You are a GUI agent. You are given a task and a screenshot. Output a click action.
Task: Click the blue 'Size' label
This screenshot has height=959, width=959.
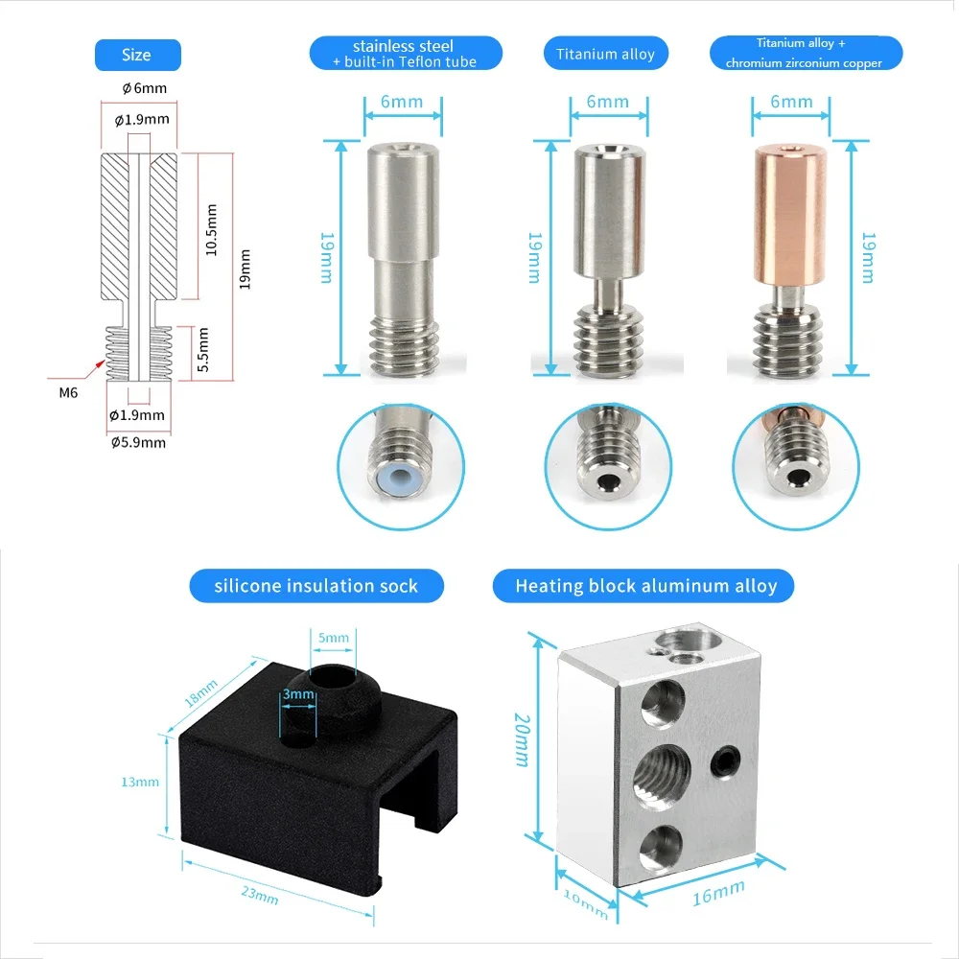click(136, 55)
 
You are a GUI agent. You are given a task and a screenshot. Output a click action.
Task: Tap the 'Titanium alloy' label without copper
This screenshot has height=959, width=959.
click(605, 54)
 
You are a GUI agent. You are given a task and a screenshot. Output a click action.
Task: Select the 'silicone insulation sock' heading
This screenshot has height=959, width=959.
click(316, 586)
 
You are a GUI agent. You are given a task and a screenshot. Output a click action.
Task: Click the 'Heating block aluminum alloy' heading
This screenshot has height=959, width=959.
click(645, 586)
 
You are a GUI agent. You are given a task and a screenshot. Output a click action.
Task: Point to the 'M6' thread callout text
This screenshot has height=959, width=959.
click(70, 390)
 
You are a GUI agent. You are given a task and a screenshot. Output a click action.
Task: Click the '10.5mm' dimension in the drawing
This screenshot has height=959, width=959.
click(212, 229)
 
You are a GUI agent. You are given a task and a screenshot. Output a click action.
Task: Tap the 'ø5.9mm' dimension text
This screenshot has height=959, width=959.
click(138, 442)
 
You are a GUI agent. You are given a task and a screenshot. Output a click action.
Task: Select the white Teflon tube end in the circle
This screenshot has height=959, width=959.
click(400, 480)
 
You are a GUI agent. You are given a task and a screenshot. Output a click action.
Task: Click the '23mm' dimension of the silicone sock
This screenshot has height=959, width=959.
click(260, 896)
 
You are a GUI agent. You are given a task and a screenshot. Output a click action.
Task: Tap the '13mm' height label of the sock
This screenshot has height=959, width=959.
click(140, 782)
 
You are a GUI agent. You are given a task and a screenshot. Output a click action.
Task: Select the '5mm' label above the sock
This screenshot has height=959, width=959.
click(333, 636)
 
